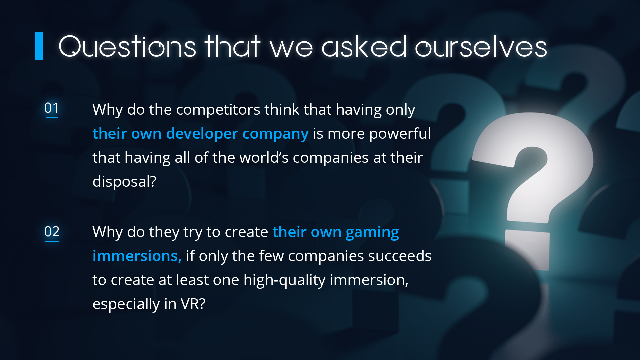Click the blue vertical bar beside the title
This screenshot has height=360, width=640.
[x=39, y=46]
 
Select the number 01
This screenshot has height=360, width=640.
[x=51, y=108]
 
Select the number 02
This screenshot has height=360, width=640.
[x=52, y=232]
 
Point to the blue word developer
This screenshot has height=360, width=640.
[x=202, y=134]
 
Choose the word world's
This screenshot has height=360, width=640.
[x=264, y=158]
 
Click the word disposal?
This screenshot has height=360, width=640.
[x=124, y=182]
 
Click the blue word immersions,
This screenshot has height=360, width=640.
[x=137, y=256]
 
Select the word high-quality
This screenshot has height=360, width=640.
[x=284, y=280]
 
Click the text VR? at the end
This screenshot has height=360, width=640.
[x=193, y=304]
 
